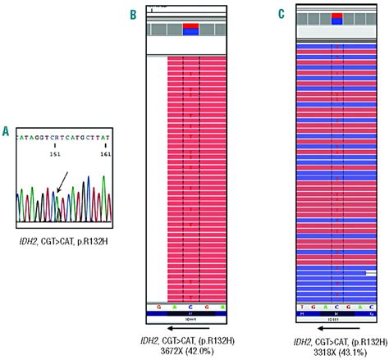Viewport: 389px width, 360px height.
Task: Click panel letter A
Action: pos(7,130)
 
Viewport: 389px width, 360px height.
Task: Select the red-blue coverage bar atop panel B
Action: pos(190,30)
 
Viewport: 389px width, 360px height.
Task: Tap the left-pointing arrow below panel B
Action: pos(190,326)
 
